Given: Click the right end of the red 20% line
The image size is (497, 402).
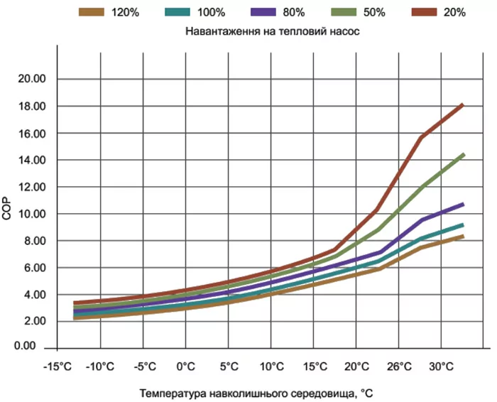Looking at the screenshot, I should pos(463,105).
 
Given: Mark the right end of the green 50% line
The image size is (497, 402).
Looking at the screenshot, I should pos(464,154).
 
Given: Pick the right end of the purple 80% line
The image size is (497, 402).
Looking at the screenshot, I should pos(463,205).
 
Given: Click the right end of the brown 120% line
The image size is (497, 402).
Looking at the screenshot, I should pos(463,237).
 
